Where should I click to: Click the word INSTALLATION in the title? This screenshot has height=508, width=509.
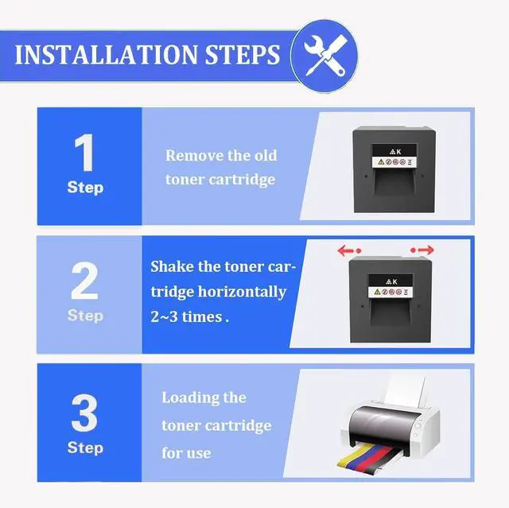point(106,55)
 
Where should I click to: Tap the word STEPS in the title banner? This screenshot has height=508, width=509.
point(242,55)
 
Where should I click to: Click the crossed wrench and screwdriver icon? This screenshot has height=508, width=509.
point(325,56)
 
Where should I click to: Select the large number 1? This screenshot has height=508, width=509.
point(84,153)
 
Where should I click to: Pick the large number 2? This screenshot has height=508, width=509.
point(84,281)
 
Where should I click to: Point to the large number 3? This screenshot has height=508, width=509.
point(84,413)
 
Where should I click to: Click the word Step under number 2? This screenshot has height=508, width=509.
point(85,316)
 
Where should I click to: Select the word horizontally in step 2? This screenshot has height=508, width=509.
point(242,292)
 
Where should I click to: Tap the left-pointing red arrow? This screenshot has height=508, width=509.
point(349,250)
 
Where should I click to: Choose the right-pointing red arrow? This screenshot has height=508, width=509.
point(422,250)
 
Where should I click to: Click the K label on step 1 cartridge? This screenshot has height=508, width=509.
point(398,152)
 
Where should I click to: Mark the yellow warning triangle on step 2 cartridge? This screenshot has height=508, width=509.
point(377,292)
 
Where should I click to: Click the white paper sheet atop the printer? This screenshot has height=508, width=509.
point(405,392)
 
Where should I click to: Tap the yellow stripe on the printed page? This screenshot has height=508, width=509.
point(355,457)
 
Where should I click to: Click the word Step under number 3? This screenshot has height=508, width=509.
point(85,448)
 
